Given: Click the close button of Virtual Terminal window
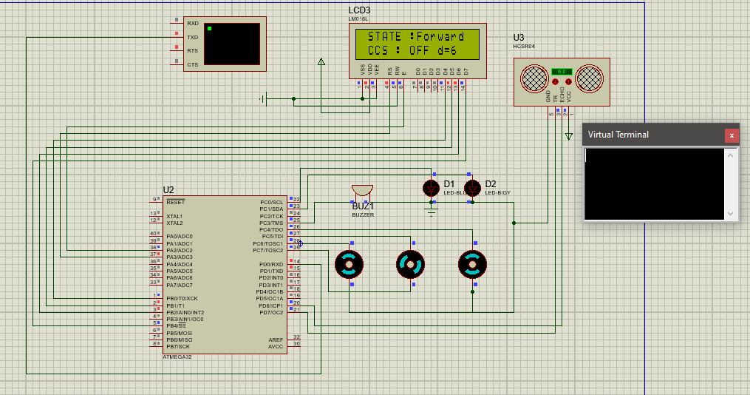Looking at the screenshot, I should pyautogui.click(x=731, y=135).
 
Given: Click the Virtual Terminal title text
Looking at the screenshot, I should pyautogui.click(x=618, y=135).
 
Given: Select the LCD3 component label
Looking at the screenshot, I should pyautogui.click(x=360, y=10).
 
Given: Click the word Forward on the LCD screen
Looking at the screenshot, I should pyautogui.click(x=440, y=36).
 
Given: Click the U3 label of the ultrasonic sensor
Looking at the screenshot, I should pyautogui.click(x=519, y=38).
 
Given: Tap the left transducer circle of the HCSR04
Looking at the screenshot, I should pyautogui.click(x=533, y=78).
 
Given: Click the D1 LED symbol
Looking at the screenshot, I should pyautogui.click(x=432, y=188).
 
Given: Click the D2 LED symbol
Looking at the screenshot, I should pyautogui.click(x=473, y=188).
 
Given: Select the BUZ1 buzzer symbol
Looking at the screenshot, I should pyautogui.click(x=362, y=192).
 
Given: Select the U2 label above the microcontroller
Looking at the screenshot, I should pyautogui.click(x=168, y=190).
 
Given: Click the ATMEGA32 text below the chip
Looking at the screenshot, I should pyautogui.click(x=177, y=357).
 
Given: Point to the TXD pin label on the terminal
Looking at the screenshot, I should pyautogui.click(x=192, y=37).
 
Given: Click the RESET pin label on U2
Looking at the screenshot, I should pyautogui.click(x=176, y=202).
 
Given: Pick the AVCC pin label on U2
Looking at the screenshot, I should pyautogui.click(x=275, y=345).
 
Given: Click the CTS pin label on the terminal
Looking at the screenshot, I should pyautogui.click(x=192, y=65).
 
